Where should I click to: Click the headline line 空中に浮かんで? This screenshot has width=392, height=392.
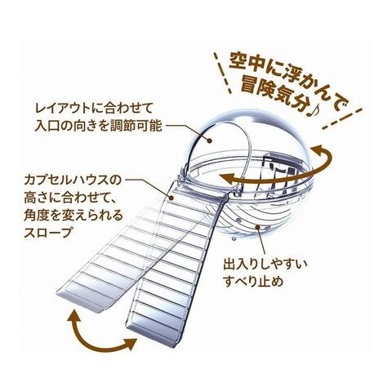coord(288,76)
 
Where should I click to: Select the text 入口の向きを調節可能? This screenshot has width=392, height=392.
coord(98,127)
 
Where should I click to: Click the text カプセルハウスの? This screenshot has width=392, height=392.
coord(73,180)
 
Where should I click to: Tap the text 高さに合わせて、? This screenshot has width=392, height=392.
coord(70,198)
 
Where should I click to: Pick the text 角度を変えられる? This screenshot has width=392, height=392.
coord(73,216)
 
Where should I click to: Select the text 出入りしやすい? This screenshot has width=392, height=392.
coord(265,264)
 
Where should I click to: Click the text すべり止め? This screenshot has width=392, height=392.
coord(253,282)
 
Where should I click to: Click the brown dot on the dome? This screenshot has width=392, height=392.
coord(209,140)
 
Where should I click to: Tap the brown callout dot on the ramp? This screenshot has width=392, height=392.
coord(171,198)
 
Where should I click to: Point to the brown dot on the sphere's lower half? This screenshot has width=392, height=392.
coord(257,227)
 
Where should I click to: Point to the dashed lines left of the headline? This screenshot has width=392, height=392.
coord(223,73)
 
